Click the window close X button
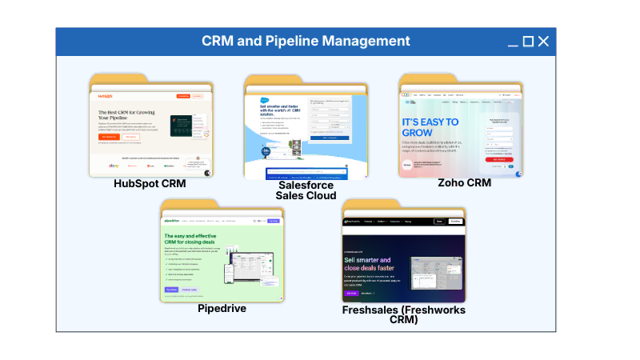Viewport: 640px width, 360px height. [543, 42]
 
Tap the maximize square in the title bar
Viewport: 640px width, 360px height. [528, 42]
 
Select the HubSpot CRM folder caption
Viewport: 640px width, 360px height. [150, 184]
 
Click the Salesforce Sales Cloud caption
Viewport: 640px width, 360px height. [306, 190]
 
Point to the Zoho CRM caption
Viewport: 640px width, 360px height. [464, 182]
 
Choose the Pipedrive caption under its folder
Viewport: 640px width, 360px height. [222, 308]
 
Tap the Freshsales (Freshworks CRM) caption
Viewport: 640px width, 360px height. [403, 314]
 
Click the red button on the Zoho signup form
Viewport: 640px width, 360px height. [498, 159]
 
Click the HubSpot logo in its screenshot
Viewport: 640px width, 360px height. [106, 96]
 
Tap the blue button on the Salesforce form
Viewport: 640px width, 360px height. [330, 137]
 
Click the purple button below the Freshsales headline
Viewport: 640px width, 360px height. [352, 294]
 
